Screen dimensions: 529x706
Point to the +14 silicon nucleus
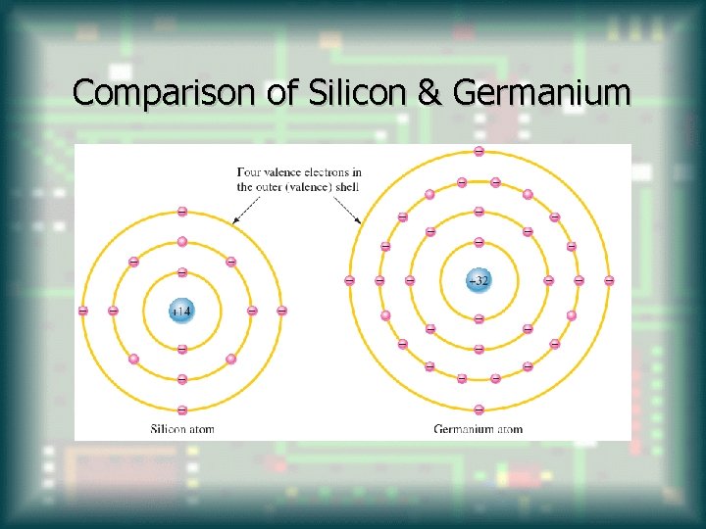tap(182, 311)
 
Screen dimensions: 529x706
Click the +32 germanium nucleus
tap(479, 280)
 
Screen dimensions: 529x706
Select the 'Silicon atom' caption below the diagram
tap(182, 428)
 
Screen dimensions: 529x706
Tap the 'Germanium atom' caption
tap(479, 428)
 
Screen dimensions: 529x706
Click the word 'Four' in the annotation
tap(249, 172)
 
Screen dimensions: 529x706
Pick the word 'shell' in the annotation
tap(345, 186)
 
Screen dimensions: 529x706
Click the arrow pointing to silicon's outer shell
tap(244, 209)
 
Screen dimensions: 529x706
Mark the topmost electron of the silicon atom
tap(182, 212)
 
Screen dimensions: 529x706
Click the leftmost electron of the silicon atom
tap(82, 311)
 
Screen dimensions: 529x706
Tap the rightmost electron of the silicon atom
tap(282, 311)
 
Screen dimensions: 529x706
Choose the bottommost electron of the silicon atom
tap(182, 409)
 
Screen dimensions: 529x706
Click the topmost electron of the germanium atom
tap(479, 151)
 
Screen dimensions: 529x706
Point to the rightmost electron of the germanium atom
tap(609, 280)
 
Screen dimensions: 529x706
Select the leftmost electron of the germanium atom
tap(349, 280)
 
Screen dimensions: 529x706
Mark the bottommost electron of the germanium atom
tap(479, 409)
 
